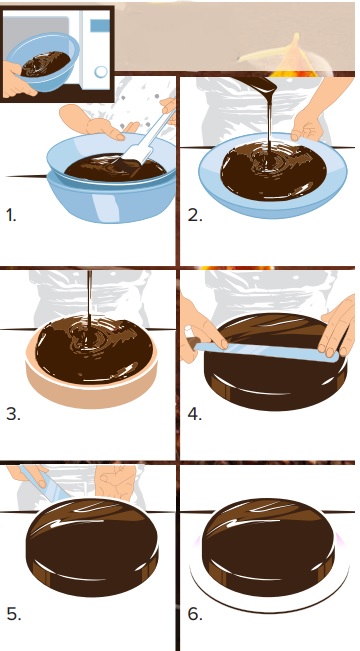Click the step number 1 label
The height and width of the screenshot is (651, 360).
pyautogui.click(x=11, y=215)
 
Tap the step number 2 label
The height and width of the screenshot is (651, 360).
pyautogui.click(x=195, y=215)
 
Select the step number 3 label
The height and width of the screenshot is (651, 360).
pyautogui.click(x=13, y=414)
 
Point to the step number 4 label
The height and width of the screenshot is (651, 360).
pyautogui.click(x=195, y=414)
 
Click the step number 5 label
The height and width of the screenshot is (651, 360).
pyautogui.click(x=14, y=614)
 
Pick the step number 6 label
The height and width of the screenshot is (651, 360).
pyautogui.click(x=195, y=614)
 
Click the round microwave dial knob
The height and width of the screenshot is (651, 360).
pyautogui.click(x=101, y=72)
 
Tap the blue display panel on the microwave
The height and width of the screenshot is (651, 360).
pyautogui.click(x=100, y=26)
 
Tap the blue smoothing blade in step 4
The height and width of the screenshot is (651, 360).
pyautogui.click(x=266, y=351)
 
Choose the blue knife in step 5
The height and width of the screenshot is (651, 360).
pyautogui.click(x=44, y=484)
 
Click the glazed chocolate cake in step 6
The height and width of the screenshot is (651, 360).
pyautogui.click(x=269, y=547)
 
